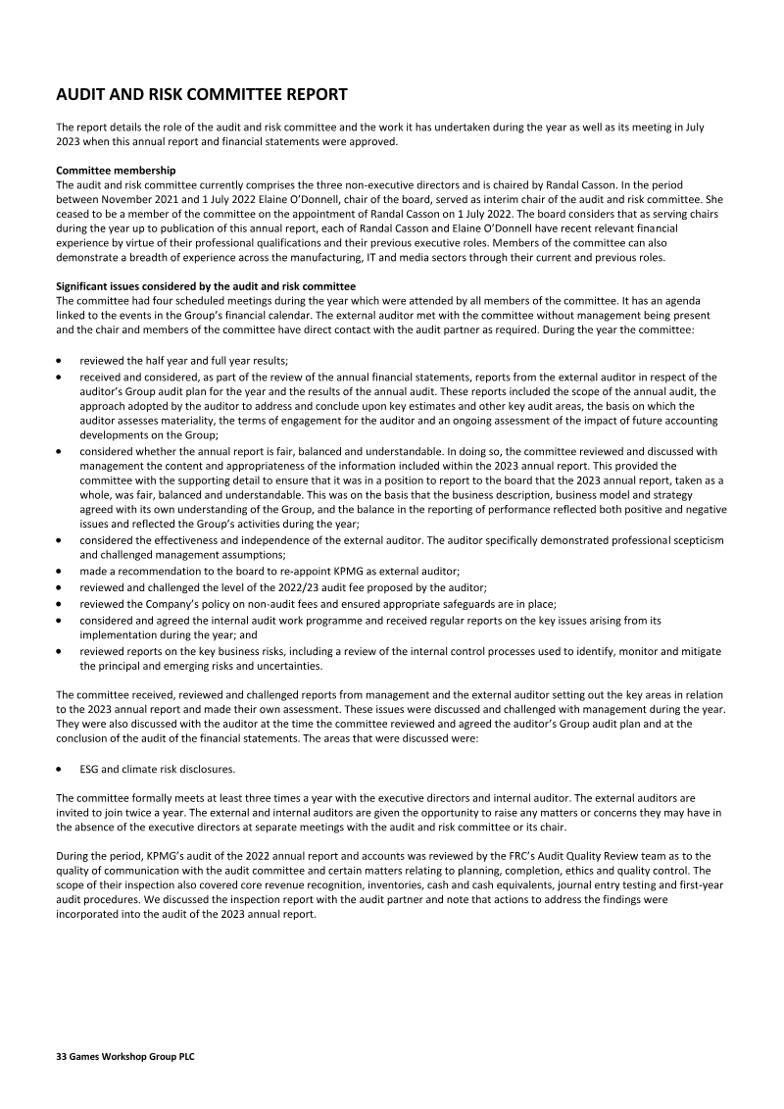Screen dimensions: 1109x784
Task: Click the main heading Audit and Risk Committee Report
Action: point(201,95)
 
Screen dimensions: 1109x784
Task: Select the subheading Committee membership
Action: point(116,171)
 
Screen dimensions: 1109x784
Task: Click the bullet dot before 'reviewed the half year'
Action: point(61,361)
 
